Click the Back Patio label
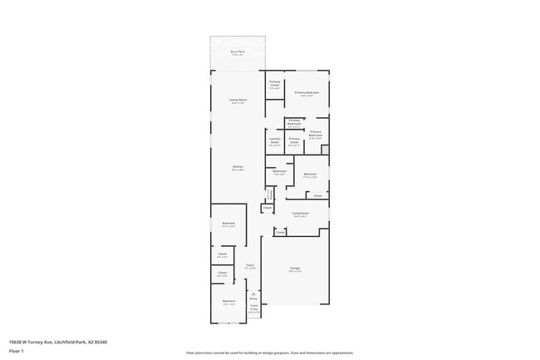pos(238,52)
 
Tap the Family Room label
pos(238,101)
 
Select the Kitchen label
pos(238,168)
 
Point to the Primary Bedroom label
pos(307,93)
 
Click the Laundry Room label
pos(274,141)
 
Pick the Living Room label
pos(300,214)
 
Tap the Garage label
pos(295,269)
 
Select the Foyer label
pos(249,267)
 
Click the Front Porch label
pos(253,309)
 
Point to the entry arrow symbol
pos(253,293)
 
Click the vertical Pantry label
pos(269,195)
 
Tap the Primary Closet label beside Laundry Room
pos(294,141)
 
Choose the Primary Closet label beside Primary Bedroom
pos(274,83)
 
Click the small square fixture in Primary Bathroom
pos(324,150)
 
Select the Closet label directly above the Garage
pos(280,233)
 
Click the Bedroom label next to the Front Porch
pos(228,302)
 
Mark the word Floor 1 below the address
pos(17,351)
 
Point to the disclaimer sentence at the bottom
pos(270,353)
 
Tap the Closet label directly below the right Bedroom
pos(317,195)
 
